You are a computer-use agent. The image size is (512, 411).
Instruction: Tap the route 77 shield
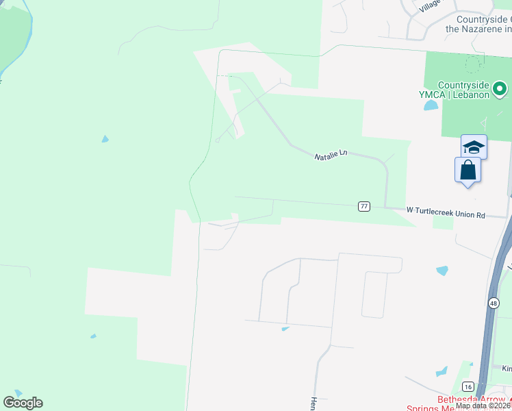(x=364, y=206)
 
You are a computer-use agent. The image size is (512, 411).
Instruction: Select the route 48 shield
(x=494, y=302)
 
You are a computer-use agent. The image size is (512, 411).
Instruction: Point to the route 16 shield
(x=468, y=386)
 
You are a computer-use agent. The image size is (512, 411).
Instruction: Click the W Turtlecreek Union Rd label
(x=446, y=213)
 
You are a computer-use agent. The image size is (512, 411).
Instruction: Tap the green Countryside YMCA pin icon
(x=500, y=88)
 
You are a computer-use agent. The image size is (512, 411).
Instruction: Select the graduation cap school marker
(x=474, y=147)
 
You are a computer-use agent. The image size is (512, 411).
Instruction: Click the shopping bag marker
(x=468, y=169)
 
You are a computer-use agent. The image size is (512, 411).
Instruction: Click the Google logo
(x=23, y=403)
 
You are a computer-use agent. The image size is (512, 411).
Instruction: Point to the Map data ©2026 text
(x=483, y=406)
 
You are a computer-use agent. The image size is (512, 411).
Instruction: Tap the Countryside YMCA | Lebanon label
(x=464, y=90)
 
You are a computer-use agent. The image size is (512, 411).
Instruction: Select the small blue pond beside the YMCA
(x=431, y=105)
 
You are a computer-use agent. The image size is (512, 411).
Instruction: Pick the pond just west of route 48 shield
(x=442, y=271)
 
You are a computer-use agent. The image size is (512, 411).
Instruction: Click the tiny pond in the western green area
(x=105, y=139)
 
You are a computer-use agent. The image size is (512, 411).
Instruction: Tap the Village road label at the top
(x=431, y=5)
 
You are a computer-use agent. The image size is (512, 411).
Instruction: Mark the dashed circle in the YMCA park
(x=473, y=64)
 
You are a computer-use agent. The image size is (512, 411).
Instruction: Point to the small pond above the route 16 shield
(x=441, y=372)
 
